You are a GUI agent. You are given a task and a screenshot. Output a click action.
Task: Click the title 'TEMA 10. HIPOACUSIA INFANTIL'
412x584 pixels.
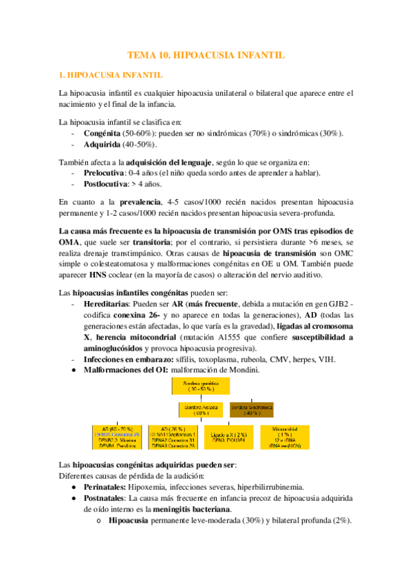pyautogui.click(x=206, y=54)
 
